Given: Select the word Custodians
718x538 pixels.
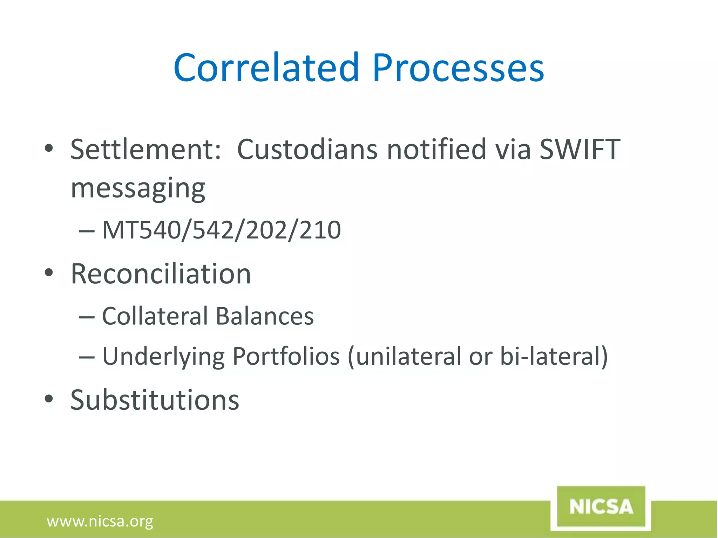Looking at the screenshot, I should [x=307, y=150].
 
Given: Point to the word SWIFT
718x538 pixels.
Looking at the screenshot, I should [x=580, y=150].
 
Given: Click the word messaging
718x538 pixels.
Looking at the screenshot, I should [x=138, y=188].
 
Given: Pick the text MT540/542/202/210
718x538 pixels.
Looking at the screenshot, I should [x=221, y=230].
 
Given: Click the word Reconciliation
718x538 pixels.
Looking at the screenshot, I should [x=161, y=274].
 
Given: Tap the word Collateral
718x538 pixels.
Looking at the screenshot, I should [x=155, y=316].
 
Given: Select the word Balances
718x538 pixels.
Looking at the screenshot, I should [x=265, y=316].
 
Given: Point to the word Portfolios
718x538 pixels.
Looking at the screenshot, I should [x=286, y=356].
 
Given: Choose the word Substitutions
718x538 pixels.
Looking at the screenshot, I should [x=155, y=400].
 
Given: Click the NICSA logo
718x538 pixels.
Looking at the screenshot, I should [x=601, y=507].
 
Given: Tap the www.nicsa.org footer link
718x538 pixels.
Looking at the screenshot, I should [x=100, y=521].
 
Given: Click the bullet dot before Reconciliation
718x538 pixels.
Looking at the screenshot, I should [x=49, y=273].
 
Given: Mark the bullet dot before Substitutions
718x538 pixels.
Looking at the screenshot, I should [x=49, y=399].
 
